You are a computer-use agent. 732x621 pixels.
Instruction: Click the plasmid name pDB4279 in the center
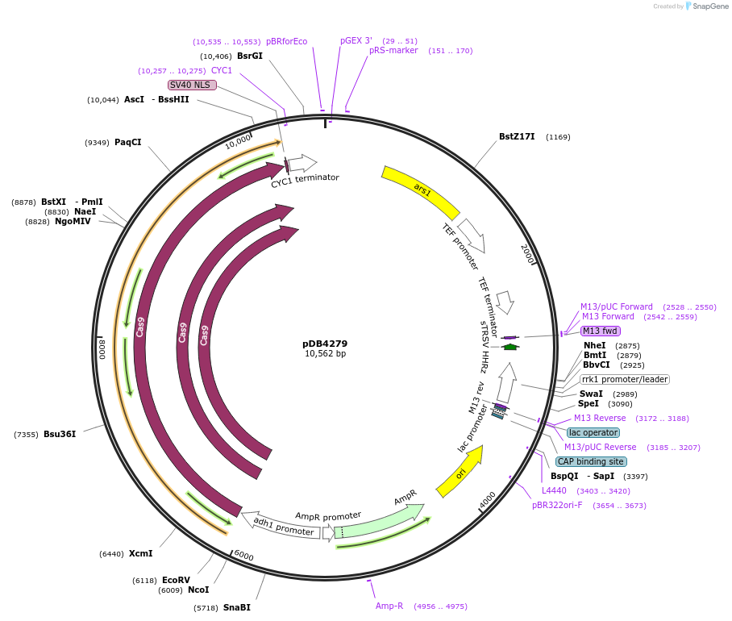pyautogui.click(x=325, y=343)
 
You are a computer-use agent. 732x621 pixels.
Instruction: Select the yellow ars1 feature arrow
pyautogui.click(x=420, y=192)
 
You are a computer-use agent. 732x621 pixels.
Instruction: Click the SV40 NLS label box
pyautogui.click(x=192, y=85)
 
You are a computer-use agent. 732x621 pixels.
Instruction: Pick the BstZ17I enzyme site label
pyautogui.click(x=517, y=136)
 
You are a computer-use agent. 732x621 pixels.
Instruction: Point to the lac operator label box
pyautogui.click(x=593, y=432)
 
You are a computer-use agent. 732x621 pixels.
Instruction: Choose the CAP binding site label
pyautogui.click(x=591, y=461)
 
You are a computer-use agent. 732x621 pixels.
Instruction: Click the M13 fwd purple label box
pyautogui.click(x=601, y=331)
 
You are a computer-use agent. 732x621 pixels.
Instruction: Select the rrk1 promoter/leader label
pyautogui.click(x=625, y=379)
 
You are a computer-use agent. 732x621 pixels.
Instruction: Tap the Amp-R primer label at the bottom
pyautogui.click(x=389, y=606)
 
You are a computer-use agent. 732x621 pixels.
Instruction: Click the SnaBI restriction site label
pyautogui.click(x=237, y=607)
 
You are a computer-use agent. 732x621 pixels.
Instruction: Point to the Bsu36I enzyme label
pyautogui.click(x=60, y=434)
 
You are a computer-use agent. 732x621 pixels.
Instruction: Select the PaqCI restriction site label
pyautogui.click(x=127, y=142)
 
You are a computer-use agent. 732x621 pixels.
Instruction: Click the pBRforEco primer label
pyautogui.click(x=286, y=41)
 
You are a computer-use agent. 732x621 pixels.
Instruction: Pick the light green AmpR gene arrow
pyautogui.click(x=379, y=519)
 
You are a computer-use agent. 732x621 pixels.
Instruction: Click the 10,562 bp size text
pyautogui.click(x=325, y=354)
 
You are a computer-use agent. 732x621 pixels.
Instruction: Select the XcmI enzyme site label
pyautogui.click(x=140, y=553)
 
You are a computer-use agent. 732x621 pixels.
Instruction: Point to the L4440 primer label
pyautogui.click(x=554, y=490)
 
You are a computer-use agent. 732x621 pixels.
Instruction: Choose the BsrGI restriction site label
pyautogui.click(x=250, y=56)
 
